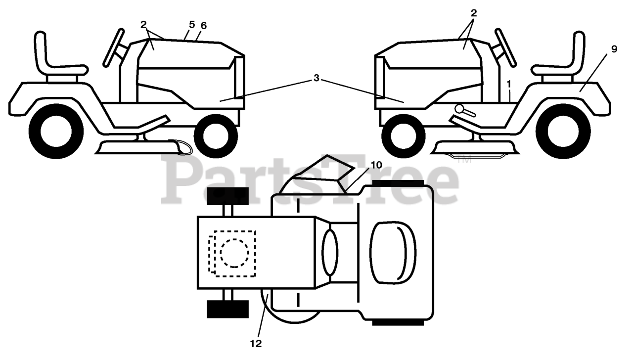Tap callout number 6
204,25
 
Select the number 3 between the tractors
316,78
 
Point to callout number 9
614,48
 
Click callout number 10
376,165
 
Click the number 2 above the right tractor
473,13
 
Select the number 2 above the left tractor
143,24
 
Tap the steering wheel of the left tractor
113,47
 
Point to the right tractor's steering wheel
506,47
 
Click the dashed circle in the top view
234,253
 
